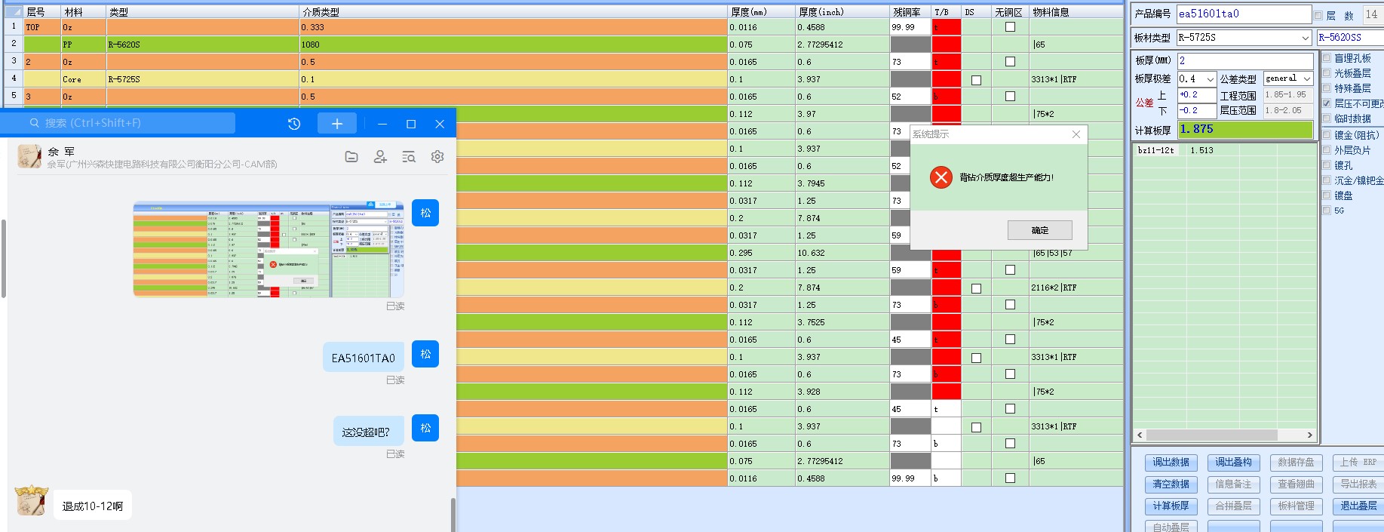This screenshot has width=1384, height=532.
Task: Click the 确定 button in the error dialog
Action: pos(1039,230)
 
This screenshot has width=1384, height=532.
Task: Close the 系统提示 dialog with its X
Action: pos(1076,134)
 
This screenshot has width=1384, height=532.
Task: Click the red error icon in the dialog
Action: pos(941,177)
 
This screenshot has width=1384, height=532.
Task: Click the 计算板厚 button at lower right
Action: pos(1170,506)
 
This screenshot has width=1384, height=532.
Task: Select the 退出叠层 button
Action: pos(1358,506)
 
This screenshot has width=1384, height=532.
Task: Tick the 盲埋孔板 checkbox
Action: pos(1327,58)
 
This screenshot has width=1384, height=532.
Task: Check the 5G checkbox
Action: pos(1327,211)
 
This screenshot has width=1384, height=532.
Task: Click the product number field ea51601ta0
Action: pos(1243,14)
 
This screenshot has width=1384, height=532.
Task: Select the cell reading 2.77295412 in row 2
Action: pos(842,45)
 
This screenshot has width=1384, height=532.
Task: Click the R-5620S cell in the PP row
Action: pos(202,45)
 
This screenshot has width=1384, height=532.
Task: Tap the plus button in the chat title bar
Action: pos(336,124)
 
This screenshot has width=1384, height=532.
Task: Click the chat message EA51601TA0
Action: pos(364,358)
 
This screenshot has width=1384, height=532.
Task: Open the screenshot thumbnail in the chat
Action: pos(269,250)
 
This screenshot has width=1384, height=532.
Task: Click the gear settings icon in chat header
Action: pos(437,157)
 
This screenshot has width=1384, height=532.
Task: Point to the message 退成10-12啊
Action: pos(93,506)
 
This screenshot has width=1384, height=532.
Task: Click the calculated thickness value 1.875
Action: pos(1244,130)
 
